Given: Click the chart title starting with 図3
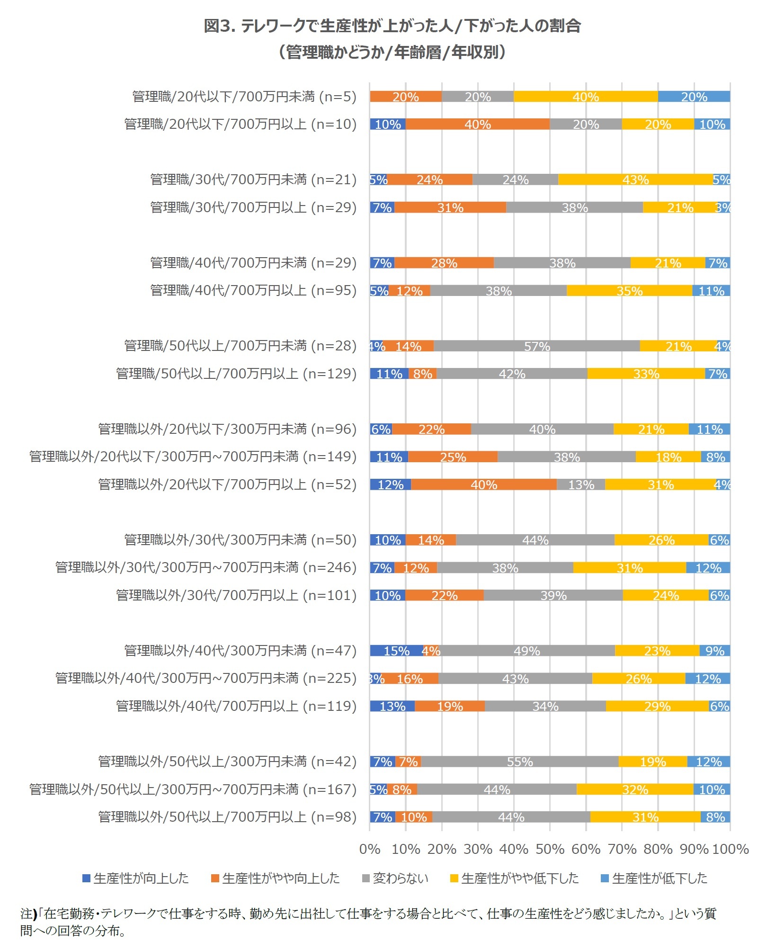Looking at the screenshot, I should coord(392,26).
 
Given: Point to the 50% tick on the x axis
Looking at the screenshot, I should coord(550,849).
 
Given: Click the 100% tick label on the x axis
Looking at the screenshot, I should coord(730,849).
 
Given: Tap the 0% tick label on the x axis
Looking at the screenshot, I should coord(370,849).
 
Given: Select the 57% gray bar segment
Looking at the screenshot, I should coord(536,346).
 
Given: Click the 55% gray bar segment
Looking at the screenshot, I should coord(519,762).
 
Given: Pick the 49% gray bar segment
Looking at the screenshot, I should coord(526,651).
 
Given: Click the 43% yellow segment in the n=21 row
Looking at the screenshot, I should coord(635,179).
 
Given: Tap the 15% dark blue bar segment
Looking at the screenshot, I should coord(396,651).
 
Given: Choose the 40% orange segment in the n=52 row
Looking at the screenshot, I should coord(483,484).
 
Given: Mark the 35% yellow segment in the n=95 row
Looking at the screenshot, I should coord(629,291).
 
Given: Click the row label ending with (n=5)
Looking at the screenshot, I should coord(244,97).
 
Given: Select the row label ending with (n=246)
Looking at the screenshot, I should coord(205,567).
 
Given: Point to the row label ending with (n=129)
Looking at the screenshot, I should coord(236,374).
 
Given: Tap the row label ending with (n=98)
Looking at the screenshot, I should coord(227,817).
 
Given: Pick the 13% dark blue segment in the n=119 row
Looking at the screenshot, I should coord(392,706).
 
